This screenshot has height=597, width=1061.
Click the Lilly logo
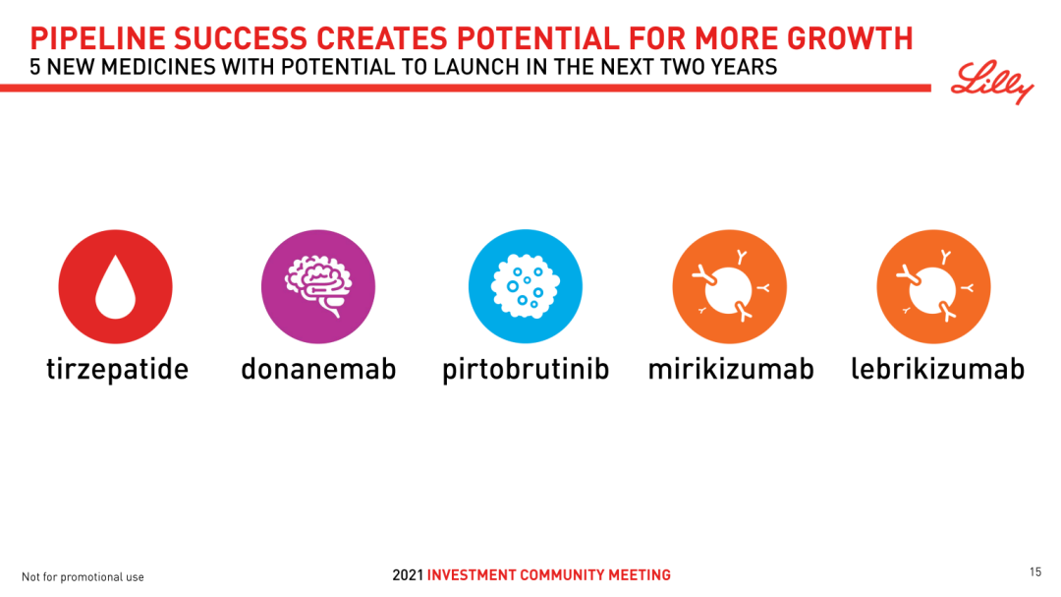click(992, 82)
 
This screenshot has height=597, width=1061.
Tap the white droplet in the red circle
click(116, 286)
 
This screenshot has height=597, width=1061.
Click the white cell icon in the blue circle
click(525, 286)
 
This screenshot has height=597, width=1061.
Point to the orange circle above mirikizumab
click(729, 286)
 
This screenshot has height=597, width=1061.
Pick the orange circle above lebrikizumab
click(934, 286)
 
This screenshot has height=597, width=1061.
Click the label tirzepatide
click(117, 370)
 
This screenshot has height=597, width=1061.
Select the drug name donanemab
click(318, 369)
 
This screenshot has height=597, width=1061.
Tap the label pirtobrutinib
click(526, 370)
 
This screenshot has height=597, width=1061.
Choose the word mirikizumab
click(731, 369)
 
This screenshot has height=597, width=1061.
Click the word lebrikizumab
click(937, 369)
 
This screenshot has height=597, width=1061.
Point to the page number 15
click(1035, 572)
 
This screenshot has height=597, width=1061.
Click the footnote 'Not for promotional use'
click(83, 577)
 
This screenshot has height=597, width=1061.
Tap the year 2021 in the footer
click(408, 575)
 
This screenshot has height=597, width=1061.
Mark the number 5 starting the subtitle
click(34, 68)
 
